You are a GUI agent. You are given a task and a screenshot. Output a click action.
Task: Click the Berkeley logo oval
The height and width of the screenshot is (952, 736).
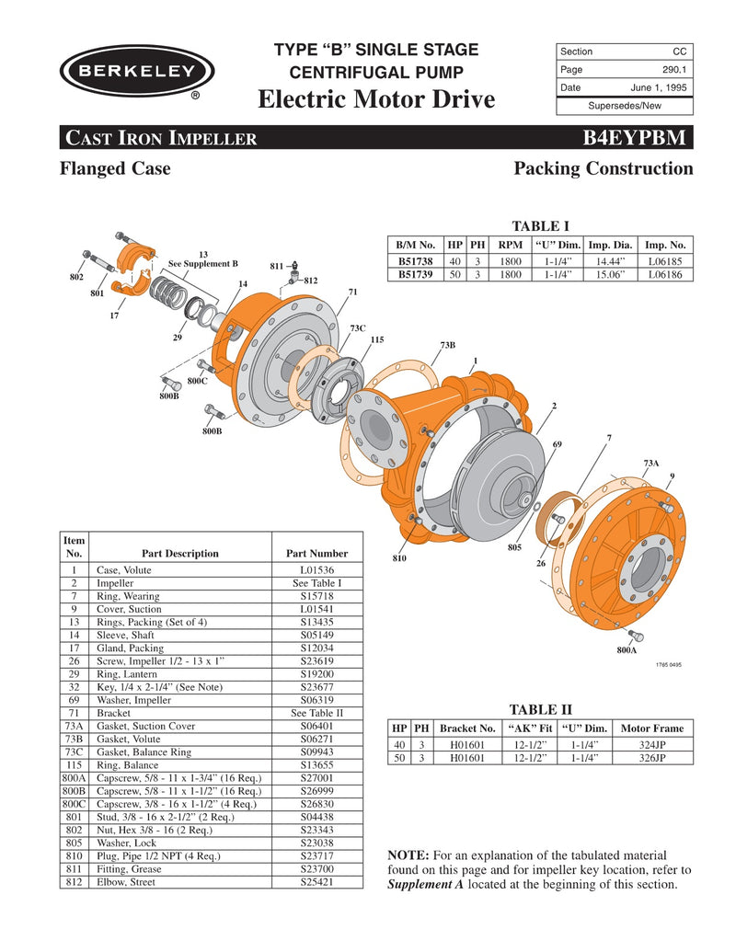point(137,71)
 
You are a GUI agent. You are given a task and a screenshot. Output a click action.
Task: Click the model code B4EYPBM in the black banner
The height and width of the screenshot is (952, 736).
point(634,139)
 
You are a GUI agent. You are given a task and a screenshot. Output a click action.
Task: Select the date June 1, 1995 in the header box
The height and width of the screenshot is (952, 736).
point(659,87)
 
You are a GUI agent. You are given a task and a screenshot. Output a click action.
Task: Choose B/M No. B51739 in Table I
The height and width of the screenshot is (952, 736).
point(416,274)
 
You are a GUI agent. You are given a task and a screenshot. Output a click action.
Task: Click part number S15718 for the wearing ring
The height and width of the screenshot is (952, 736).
point(316,596)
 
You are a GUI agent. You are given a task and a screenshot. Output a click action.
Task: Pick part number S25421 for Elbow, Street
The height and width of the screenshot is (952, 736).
point(316,881)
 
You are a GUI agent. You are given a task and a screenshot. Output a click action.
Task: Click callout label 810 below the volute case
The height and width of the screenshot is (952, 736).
point(398,558)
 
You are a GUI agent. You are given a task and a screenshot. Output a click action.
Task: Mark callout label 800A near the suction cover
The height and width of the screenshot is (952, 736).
point(627,650)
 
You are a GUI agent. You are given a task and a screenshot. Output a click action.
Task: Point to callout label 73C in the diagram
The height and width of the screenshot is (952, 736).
point(358,327)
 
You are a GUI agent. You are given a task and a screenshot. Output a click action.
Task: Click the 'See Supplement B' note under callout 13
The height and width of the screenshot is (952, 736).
point(202,263)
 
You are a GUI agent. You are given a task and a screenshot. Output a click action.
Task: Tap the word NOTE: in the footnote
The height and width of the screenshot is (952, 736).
point(409,855)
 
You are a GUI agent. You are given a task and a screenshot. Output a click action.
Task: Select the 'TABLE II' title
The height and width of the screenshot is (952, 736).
point(540,708)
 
